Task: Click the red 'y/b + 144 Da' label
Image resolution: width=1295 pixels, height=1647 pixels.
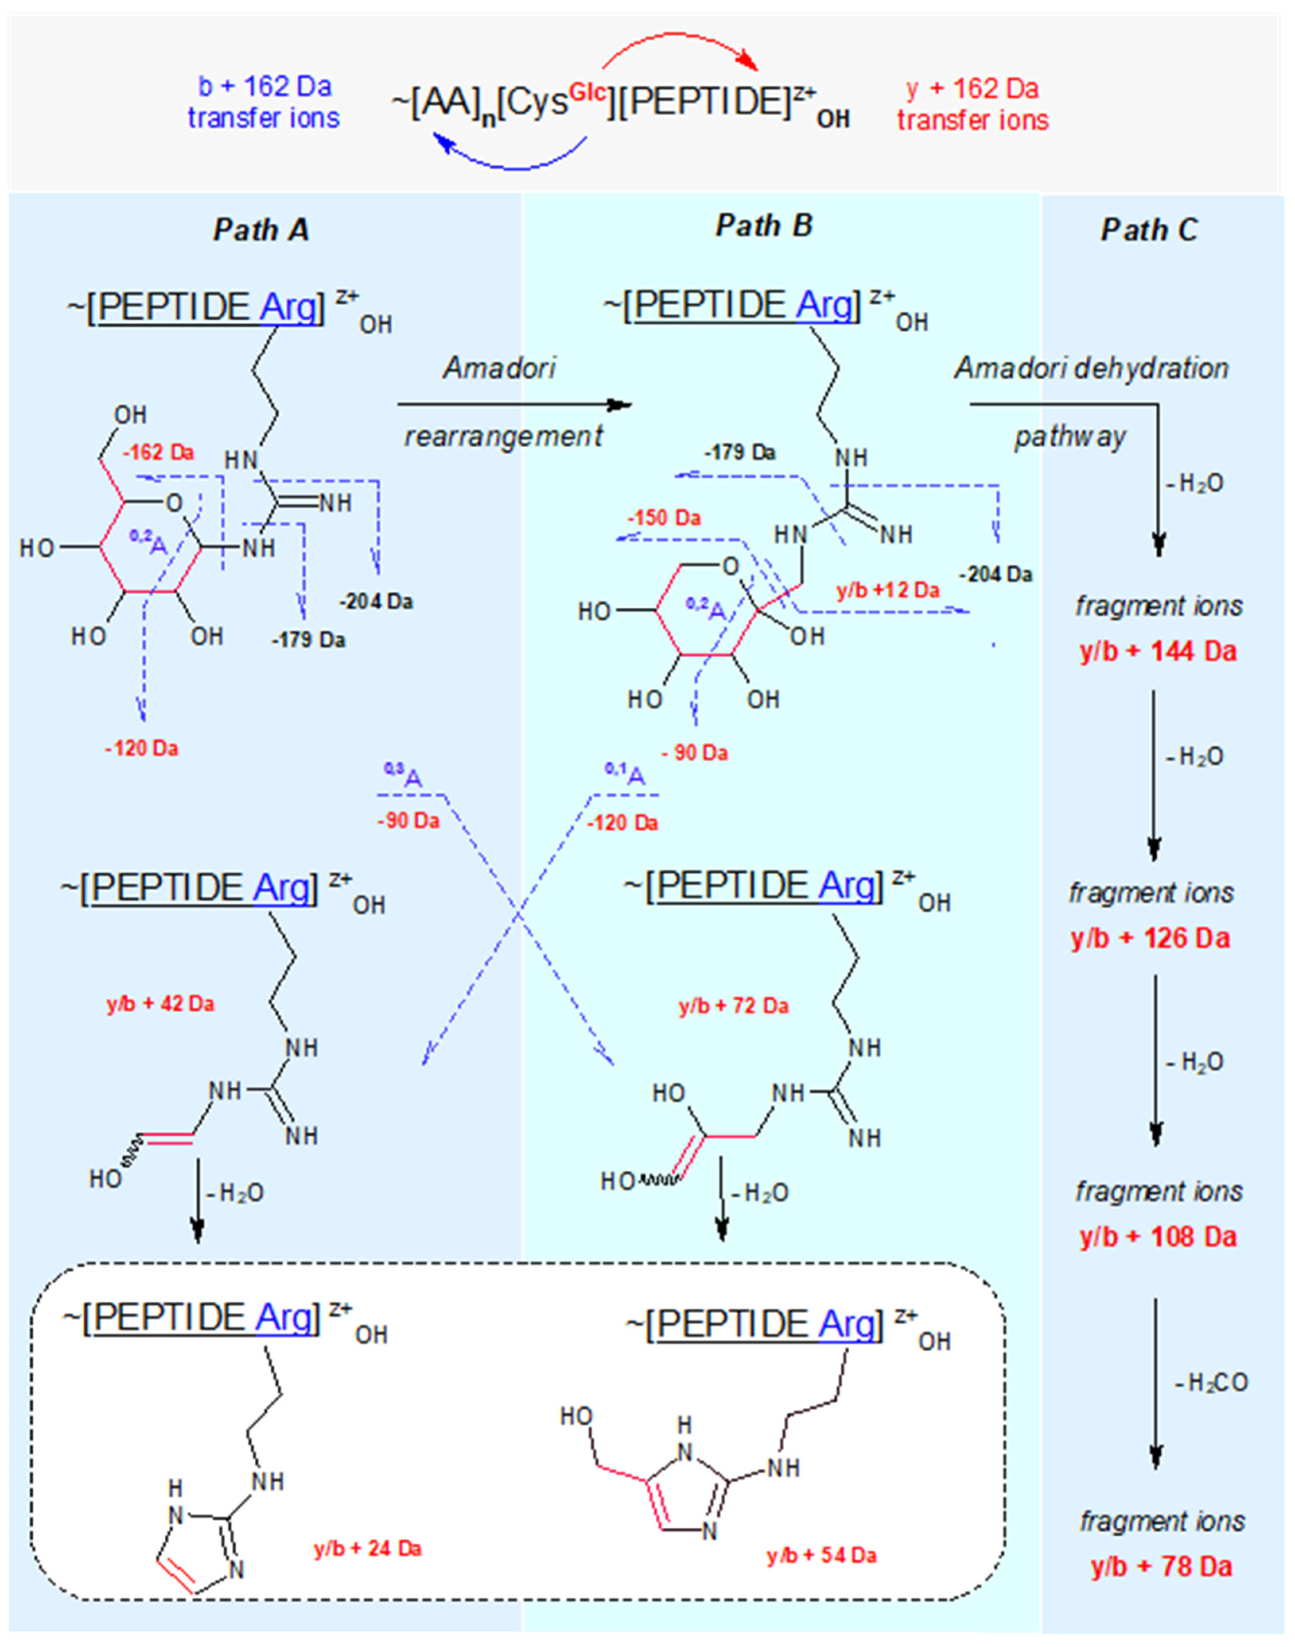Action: (x=1158, y=651)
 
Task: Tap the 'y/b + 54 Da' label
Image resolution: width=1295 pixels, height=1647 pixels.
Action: (x=821, y=1556)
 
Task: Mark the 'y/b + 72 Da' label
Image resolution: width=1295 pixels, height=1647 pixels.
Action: (x=733, y=1006)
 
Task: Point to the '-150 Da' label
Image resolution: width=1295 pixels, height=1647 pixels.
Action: (x=664, y=518)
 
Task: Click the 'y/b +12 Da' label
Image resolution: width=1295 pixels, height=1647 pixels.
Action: (x=888, y=590)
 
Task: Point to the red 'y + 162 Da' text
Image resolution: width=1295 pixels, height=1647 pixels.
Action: (x=972, y=89)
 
